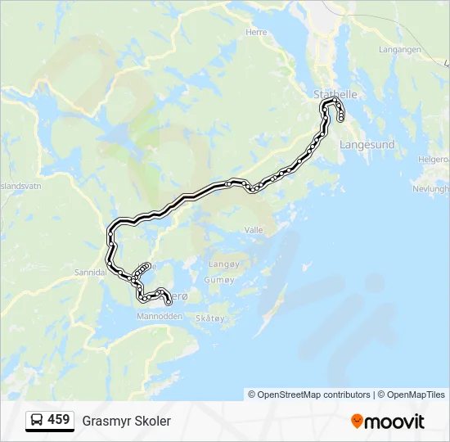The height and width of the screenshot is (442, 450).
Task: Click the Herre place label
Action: click(256, 32)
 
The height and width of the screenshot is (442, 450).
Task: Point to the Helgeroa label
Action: click(434, 159)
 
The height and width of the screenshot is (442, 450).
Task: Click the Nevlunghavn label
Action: click(431, 188)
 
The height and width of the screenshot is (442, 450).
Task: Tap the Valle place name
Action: click(254, 230)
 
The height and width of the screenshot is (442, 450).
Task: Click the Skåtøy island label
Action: click(211, 318)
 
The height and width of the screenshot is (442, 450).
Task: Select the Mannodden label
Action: click(159, 315)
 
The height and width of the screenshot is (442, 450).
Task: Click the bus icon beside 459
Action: click(36, 420)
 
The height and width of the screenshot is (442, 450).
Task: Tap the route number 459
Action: click(59, 420)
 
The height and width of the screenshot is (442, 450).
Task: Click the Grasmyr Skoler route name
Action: click(127, 421)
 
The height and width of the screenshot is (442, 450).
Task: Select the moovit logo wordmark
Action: click(395, 422)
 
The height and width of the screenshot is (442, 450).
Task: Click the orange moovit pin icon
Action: click(357, 421)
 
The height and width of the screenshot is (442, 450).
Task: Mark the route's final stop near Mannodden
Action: click(169, 304)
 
